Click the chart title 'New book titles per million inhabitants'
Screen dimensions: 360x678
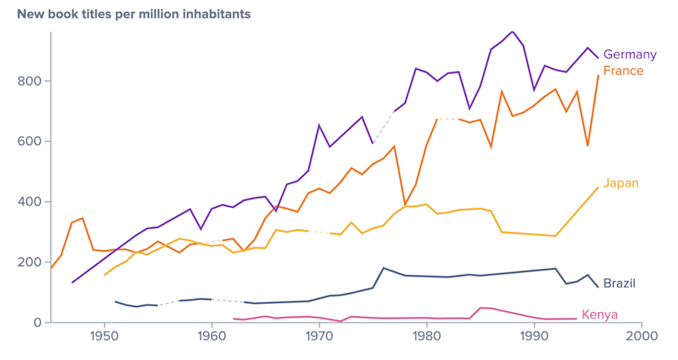click(134, 15)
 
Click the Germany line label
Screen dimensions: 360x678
click(629, 55)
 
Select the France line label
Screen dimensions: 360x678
click(623, 71)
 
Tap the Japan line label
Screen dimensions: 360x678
click(620, 183)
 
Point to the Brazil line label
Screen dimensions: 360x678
click(619, 283)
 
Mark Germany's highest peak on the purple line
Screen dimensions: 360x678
click(512, 32)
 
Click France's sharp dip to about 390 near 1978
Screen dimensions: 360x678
click(405, 205)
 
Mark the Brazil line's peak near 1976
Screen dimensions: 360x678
click(384, 268)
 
